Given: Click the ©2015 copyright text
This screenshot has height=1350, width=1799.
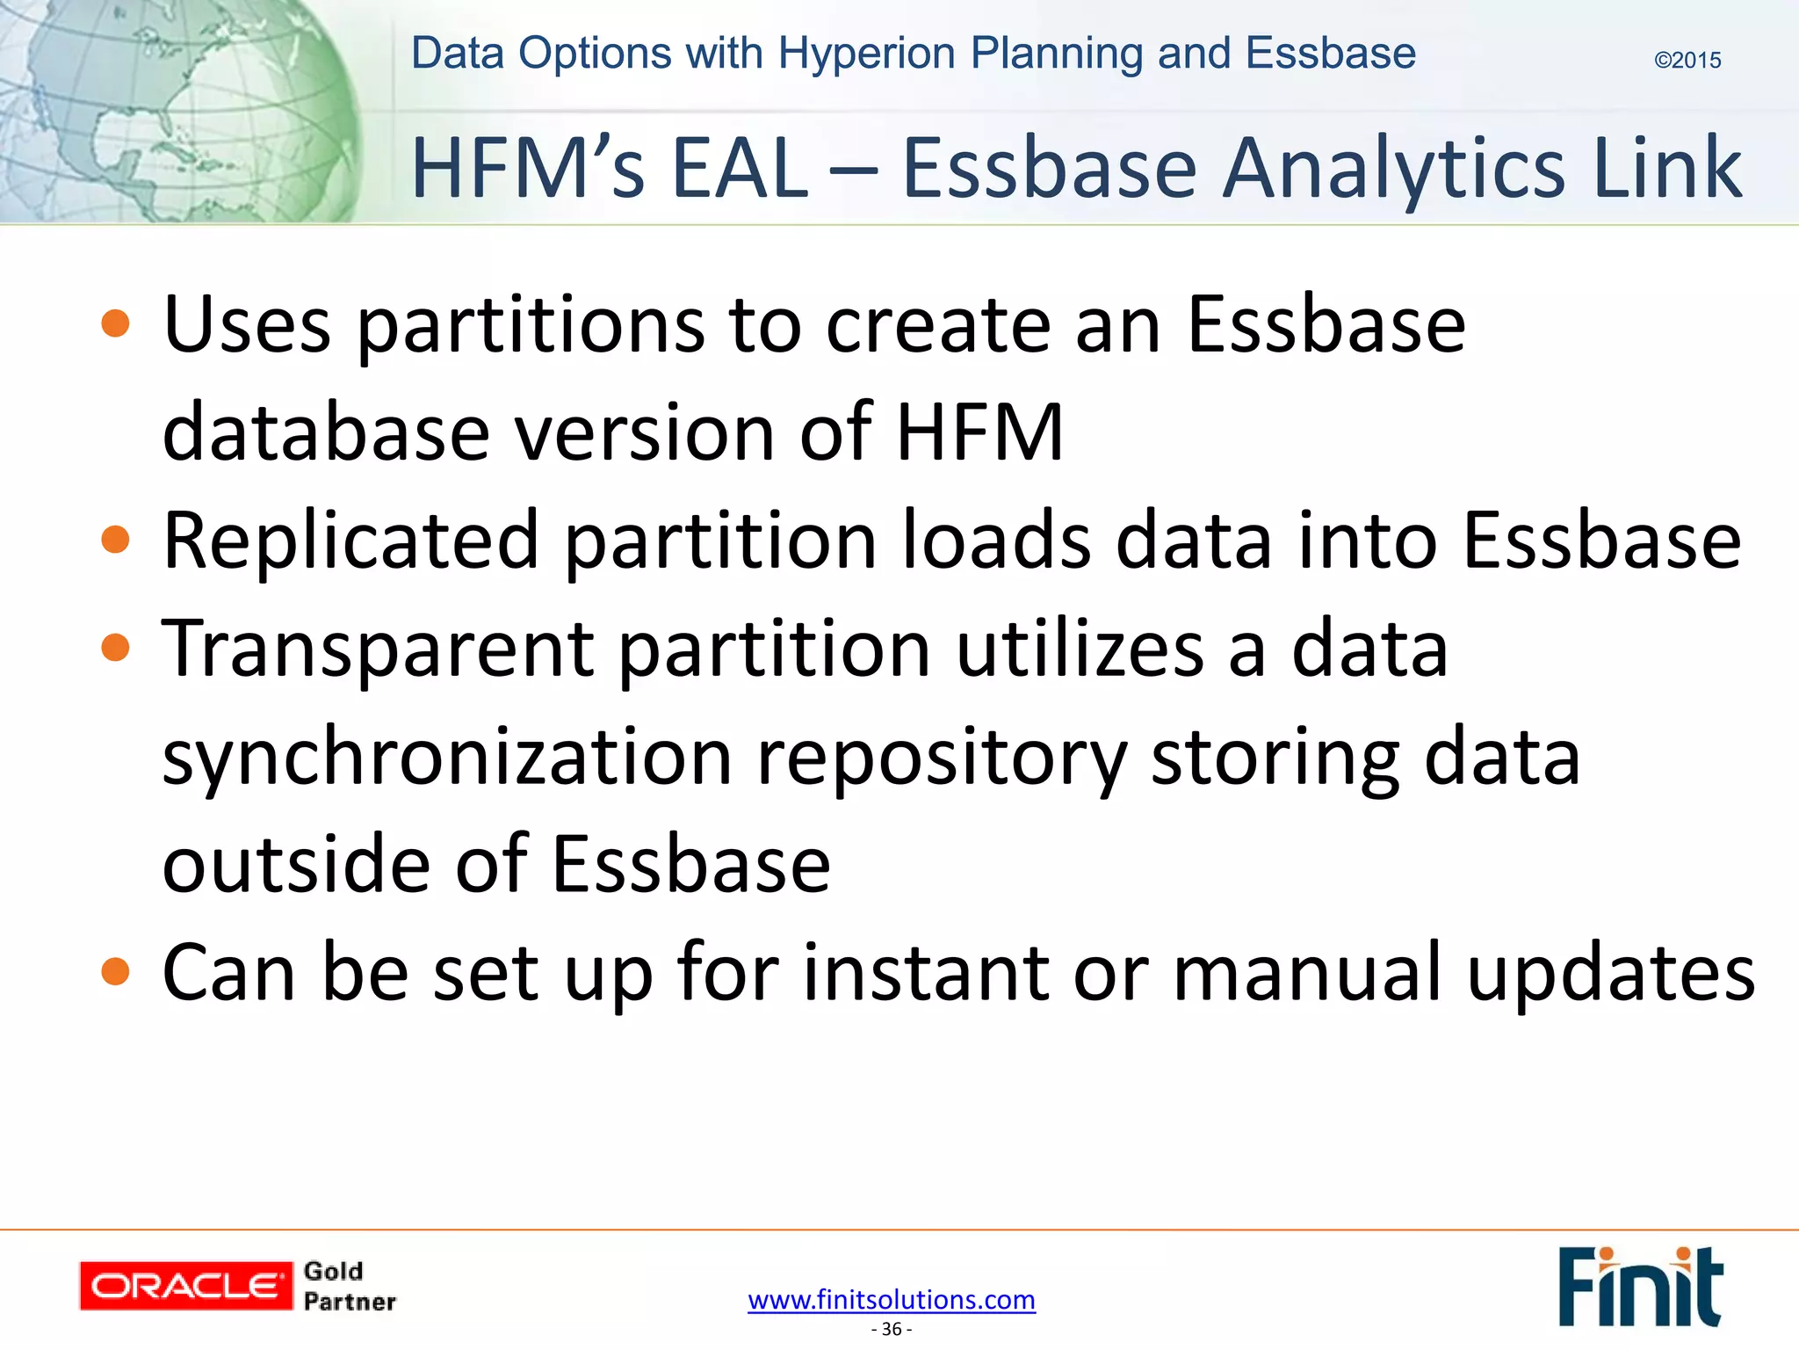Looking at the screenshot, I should [1687, 60].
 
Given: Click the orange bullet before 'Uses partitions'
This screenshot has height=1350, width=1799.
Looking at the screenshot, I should [115, 323].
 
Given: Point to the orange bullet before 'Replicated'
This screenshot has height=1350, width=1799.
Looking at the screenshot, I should [115, 539].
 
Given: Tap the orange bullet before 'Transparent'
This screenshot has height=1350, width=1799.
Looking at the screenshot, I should [115, 649].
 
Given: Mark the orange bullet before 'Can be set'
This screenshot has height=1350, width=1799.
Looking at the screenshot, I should [115, 972].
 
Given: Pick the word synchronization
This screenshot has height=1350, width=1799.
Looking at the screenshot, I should [447, 758].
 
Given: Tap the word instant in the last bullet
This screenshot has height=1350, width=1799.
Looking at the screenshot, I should [926, 972].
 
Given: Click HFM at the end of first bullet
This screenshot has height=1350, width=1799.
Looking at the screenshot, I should [979, 432].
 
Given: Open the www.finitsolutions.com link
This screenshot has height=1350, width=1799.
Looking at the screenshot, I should [892, 1299].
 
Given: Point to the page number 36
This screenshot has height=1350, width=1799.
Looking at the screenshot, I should [892, 1329].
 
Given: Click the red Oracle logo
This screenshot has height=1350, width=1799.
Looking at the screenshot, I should [185, 1286].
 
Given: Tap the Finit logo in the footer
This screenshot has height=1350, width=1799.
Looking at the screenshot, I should [1639, 1287].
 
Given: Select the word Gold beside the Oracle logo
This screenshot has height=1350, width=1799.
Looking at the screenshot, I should [333, 1271].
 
